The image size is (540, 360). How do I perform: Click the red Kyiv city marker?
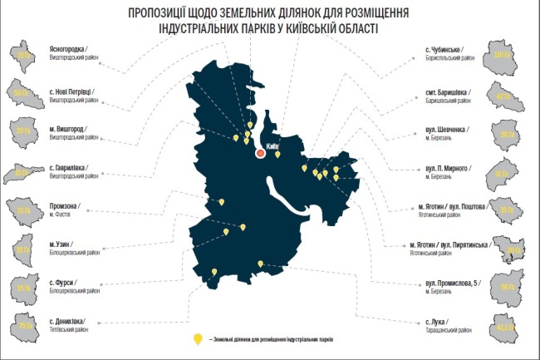tap(260, 153)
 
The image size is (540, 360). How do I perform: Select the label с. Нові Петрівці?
tap(74, 88)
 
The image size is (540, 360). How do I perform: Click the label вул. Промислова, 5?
tap(449, 284)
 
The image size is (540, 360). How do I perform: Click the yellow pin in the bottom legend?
tap(197, 339)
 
